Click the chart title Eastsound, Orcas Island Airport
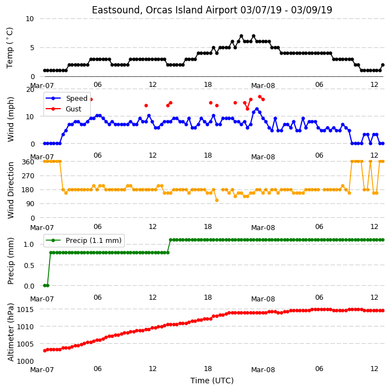(x=164, y=10)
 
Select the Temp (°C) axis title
(x=9, y=48)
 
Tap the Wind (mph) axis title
(x=10, y=119)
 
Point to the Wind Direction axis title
(x=10, y=190)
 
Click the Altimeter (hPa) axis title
(x=10, y=332)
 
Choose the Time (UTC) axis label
(x=212, y=381)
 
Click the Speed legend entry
(x=76, y=98)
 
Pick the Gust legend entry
(x=73, y=109)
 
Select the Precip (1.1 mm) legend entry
(x=94, y=240)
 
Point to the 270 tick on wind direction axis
(x=28, y=176)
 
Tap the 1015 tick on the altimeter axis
(x=25, y=309)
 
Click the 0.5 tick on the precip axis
(x=29, y=265)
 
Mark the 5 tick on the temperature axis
(x=32, y=48)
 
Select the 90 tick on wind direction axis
(x=30, y=204)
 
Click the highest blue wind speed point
(x=257, y=109)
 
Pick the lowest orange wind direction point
(x=217, y=201)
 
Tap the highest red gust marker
(x=259, y=97)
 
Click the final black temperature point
(x=383, y=65)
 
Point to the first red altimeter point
(x=45, y=351)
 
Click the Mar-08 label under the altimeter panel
(x=263, y=370)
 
